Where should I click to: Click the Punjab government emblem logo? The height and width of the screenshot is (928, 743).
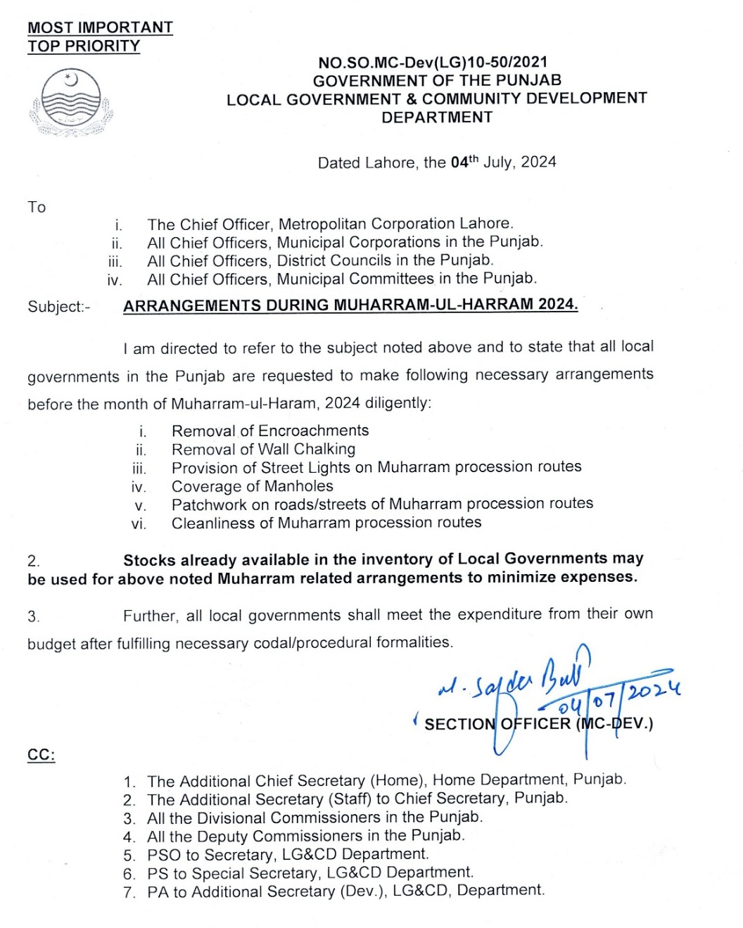71,103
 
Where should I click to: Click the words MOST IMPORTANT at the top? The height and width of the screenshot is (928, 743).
100,27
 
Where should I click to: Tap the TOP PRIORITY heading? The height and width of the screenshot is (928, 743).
84,46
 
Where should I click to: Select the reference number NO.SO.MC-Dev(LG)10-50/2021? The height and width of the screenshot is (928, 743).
432,63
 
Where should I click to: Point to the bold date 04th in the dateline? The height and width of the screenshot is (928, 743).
464,162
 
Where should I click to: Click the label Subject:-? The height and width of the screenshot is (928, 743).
59,307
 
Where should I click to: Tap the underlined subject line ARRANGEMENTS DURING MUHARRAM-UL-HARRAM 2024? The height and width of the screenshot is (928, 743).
350,305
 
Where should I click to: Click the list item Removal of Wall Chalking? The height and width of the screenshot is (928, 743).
263,449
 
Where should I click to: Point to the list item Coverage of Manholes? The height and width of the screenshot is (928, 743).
252,486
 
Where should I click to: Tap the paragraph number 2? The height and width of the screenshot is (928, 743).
33,561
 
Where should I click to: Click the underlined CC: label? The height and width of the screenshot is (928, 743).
41,755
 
